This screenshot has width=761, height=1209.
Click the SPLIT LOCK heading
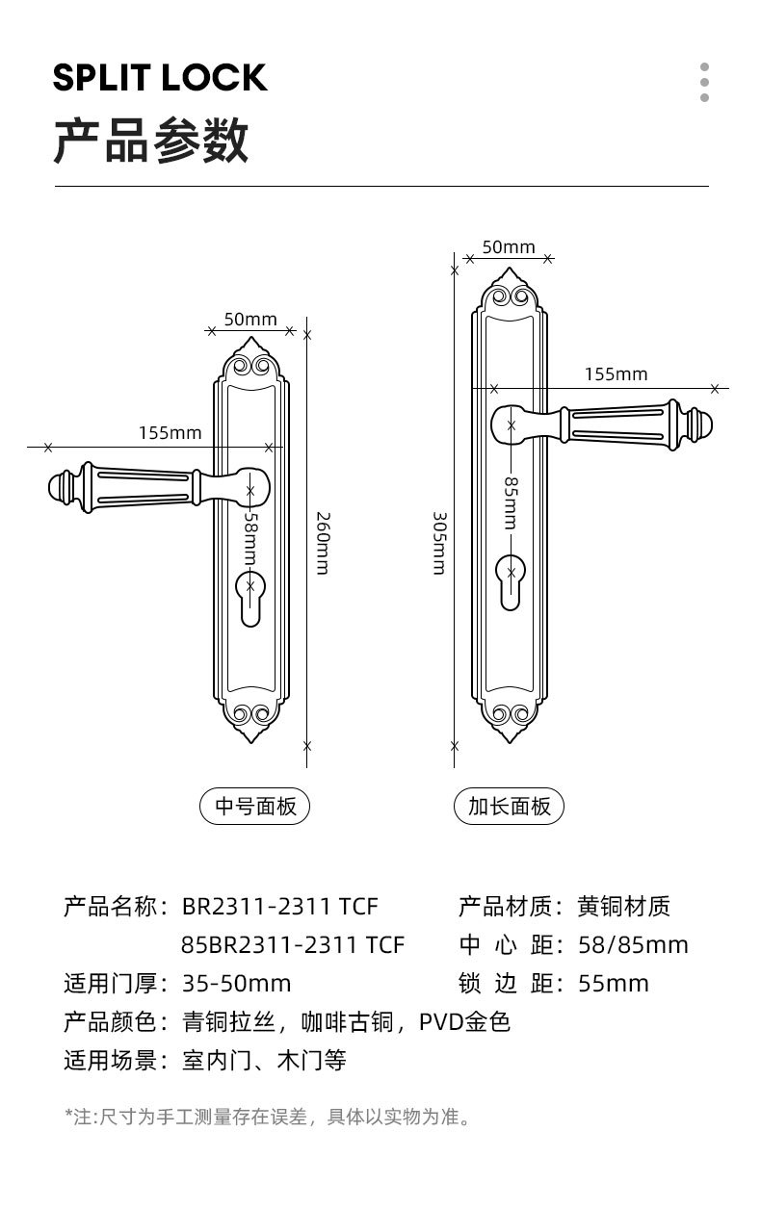(160, 78)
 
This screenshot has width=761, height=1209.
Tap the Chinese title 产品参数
(151, 141)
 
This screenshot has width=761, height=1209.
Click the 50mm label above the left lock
(250, 320)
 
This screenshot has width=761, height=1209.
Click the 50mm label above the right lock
(509, 247)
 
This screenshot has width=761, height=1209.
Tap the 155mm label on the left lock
(170, 433)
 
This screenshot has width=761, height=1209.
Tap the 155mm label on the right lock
(616, 374)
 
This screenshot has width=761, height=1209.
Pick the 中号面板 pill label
(255, 807)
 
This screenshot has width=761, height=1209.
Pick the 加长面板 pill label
(509, 807)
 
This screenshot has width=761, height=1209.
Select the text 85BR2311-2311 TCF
(293, 944)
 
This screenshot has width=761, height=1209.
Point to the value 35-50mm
(236, 983)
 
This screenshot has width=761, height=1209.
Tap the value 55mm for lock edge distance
(614, 983)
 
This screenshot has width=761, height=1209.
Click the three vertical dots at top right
(704, 82)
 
